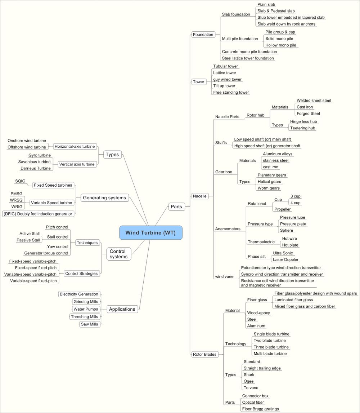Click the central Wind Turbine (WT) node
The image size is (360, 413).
151,233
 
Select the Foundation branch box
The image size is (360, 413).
203,35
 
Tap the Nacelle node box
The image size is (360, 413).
200,196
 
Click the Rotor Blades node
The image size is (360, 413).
204,354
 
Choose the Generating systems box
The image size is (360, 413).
104,198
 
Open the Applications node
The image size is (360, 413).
122,309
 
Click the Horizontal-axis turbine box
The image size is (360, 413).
75,146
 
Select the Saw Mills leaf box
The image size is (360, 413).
89,324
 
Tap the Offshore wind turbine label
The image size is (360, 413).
27,147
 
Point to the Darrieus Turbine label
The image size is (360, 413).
36,168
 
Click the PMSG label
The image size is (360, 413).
17,194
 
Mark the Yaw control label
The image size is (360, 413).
58,247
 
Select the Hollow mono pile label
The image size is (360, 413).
281,45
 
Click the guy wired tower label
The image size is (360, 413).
227,79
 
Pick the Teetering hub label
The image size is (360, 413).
302,128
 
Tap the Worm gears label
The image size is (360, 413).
269,188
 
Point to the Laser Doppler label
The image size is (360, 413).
285,259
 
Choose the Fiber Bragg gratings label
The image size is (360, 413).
260,409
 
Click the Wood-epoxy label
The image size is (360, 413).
258,313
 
